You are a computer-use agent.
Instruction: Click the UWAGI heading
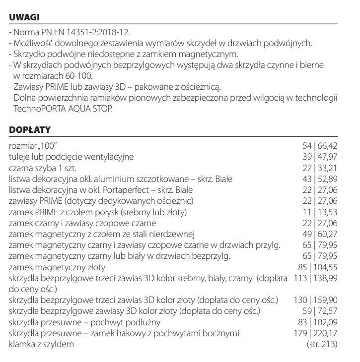[x=24, y=17]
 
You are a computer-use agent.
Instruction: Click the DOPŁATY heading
[x=30, y=130]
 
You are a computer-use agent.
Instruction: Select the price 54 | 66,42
[x=319, y=146]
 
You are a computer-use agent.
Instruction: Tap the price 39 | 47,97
[x=319, y=157]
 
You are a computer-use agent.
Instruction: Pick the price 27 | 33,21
[x=319, y=168]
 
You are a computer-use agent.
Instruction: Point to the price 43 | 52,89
[x=319, y=179]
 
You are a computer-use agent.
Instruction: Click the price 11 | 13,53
[x=320, y=212]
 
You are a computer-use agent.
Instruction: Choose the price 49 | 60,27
[x=319, y=234]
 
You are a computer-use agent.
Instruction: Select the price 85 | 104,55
[x=317, y=267]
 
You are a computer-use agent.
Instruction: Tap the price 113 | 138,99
[x=315, y=278]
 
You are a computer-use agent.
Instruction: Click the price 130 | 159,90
[x=315, y=300]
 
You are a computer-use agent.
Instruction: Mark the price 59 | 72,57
[x=319, y=311]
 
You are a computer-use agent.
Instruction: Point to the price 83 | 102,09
[x=317, y=322]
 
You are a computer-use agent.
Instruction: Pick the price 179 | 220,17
[x=315, y=333]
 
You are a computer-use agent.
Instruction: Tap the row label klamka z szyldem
[x=42, y=344]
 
